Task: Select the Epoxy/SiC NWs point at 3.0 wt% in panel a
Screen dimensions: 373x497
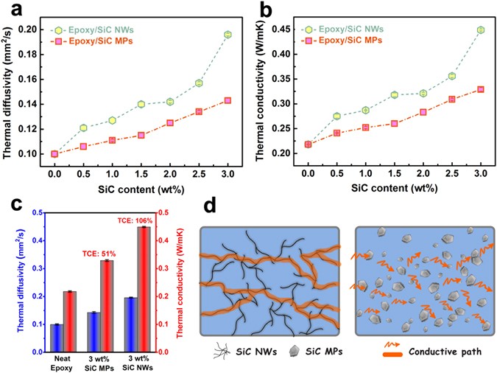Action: tap(228, 35)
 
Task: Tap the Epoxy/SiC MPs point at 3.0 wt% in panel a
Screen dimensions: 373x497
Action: tap(228, 100)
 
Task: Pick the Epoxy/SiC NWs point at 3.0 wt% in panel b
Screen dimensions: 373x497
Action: tap(481, 30)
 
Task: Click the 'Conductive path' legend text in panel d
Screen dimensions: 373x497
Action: tap(448, 352)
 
